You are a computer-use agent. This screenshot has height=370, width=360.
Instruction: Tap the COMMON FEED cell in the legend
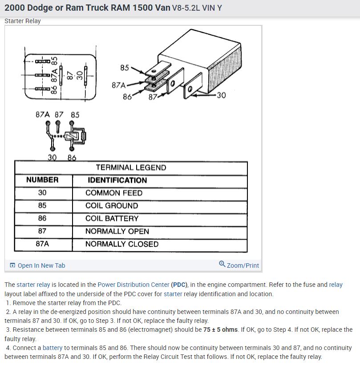click(x=114, y=193)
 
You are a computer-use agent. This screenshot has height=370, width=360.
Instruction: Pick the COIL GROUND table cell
click(x=112, y=206)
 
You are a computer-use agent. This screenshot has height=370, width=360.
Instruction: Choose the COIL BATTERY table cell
click(x=112, y=218)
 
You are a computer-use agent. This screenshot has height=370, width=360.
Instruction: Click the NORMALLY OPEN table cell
click(x=117, y=231)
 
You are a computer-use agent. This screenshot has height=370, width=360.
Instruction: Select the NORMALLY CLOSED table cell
click(x=121, y=244)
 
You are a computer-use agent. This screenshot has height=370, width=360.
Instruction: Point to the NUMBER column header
click(x=42, y=180)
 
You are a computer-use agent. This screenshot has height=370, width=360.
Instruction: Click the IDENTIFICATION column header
click(x=117, y=180)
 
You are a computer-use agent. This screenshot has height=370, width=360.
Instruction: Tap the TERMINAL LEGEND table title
click(x=131, y=168)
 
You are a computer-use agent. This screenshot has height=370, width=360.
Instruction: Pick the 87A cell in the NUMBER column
click(x=42, y=244)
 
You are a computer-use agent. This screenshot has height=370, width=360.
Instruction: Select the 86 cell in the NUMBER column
click(x=42, y=218)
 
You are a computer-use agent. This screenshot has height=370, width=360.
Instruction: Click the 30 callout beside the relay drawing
click(x=221, y=95)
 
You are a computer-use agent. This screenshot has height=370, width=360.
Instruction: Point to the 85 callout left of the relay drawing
click(x=125, y=68)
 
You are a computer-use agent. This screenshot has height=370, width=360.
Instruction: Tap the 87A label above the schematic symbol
click(x=43, y=115)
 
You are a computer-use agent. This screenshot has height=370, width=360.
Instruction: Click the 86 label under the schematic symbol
click(x=72, y=157)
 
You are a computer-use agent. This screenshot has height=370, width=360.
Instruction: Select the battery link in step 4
click(x=53, y=348)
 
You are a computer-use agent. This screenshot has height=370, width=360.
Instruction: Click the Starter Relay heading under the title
click(x=22, y=21)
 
